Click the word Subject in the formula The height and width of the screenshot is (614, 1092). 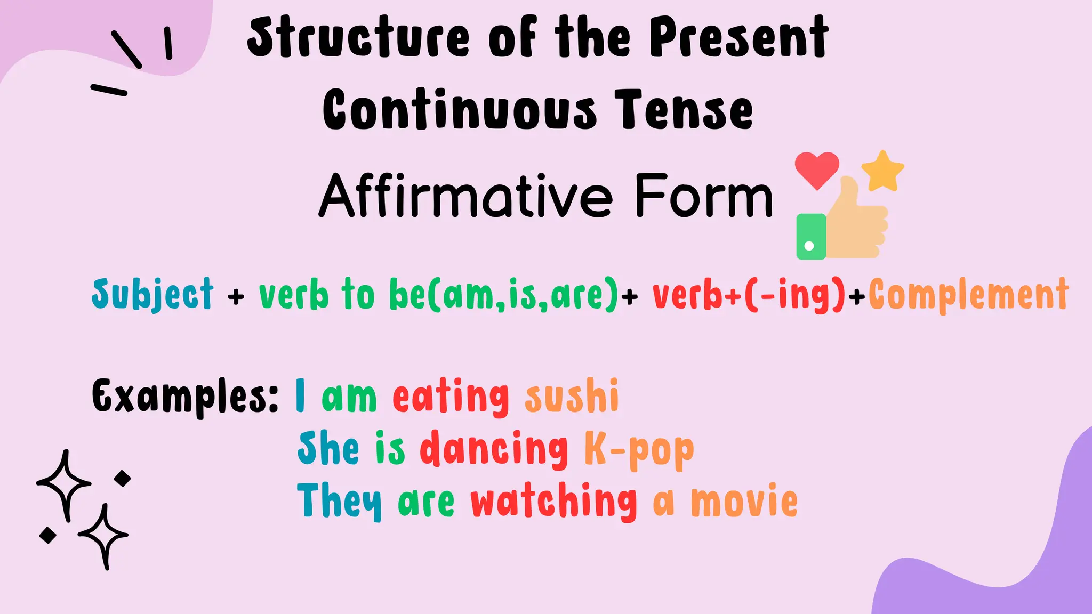pos(152,295)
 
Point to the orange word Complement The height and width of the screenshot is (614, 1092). pos(968,294)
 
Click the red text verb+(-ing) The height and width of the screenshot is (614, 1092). pos(749,294)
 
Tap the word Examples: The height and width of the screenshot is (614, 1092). pos(184,396)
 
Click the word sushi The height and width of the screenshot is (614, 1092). pos(572,396)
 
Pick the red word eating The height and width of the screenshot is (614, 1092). pos(451,397)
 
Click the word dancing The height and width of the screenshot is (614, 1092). pos(494,449)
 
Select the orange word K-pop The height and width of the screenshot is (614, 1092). pos(639,449)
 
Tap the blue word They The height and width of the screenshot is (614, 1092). pos(339,500)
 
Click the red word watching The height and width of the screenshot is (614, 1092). pos(553,501)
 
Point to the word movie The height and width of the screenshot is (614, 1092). pos(744,501)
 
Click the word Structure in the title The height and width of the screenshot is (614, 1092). pos(358,37)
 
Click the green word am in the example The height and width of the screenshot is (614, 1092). pos(349,397)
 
